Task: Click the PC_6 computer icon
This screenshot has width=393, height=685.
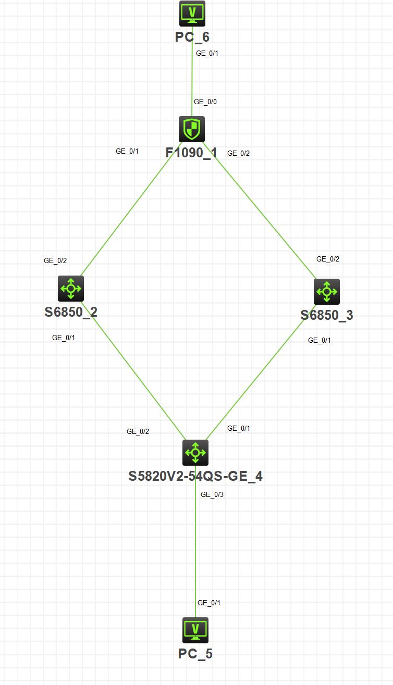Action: [192, 14]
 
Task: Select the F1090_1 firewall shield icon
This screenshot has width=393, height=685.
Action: [192, 129]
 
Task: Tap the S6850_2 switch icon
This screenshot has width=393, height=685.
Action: [70, 288]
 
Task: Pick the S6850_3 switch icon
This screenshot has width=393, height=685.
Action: [326, 291]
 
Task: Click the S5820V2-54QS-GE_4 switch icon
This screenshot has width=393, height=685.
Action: [195, 452]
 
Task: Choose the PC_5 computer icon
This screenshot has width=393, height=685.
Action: [195, 630]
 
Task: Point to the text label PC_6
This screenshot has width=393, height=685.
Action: [192, 36]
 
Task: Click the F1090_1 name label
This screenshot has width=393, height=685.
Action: [191, 153]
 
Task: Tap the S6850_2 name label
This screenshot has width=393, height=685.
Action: [71, 312]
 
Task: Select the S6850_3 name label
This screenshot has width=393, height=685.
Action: [327, 315]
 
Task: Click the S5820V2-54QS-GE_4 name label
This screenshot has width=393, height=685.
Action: [195, 476]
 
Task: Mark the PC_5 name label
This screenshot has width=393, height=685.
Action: [195, 654]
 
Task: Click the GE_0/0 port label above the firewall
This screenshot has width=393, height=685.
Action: [205, 102]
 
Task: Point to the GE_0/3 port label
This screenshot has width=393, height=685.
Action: [212, 494]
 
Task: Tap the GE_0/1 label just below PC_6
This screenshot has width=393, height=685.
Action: [207, 53]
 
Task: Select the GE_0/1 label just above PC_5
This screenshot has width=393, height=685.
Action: [209, 603]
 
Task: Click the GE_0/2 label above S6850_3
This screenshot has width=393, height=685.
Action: [328, 259]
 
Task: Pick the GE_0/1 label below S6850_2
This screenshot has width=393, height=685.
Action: [64, 338]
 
